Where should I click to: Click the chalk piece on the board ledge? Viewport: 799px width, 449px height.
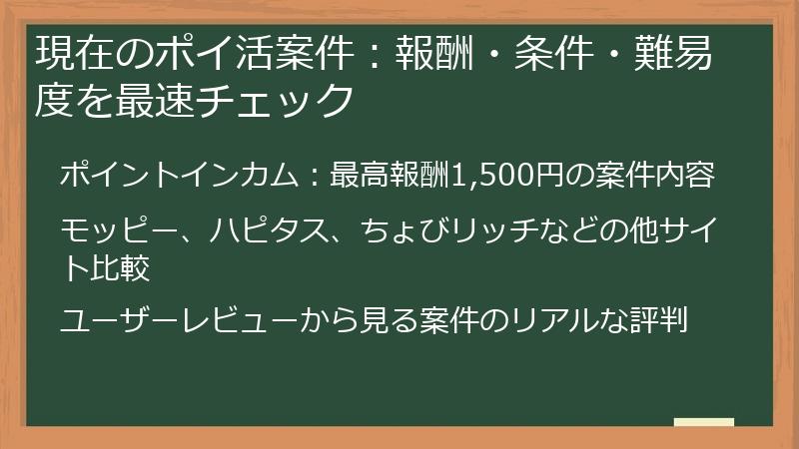703,422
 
